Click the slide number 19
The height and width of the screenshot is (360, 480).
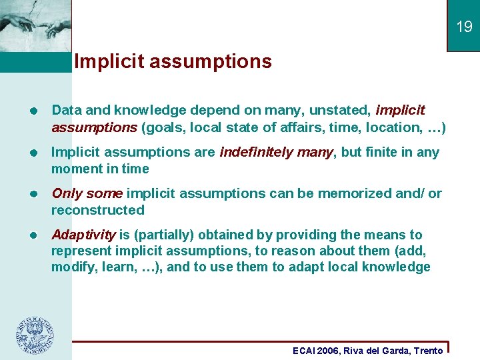(x=464, y=27)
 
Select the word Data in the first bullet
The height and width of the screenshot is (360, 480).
(x=65, y=110)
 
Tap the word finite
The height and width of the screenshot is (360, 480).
(x=378, y=152)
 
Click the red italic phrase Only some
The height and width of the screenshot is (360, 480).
(x=87, y=193)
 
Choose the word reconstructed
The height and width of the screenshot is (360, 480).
(x=98, y=210)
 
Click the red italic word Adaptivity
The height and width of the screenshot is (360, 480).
(x=84, y=235)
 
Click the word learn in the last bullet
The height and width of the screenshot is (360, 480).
(x=113, y=267)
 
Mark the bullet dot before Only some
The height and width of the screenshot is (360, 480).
(x=33, y=194)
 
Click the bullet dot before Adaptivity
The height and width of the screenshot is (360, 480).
(x=33, y=235)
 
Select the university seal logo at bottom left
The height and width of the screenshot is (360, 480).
(x=35, y=335)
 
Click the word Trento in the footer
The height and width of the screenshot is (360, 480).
(x=428, y=351)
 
